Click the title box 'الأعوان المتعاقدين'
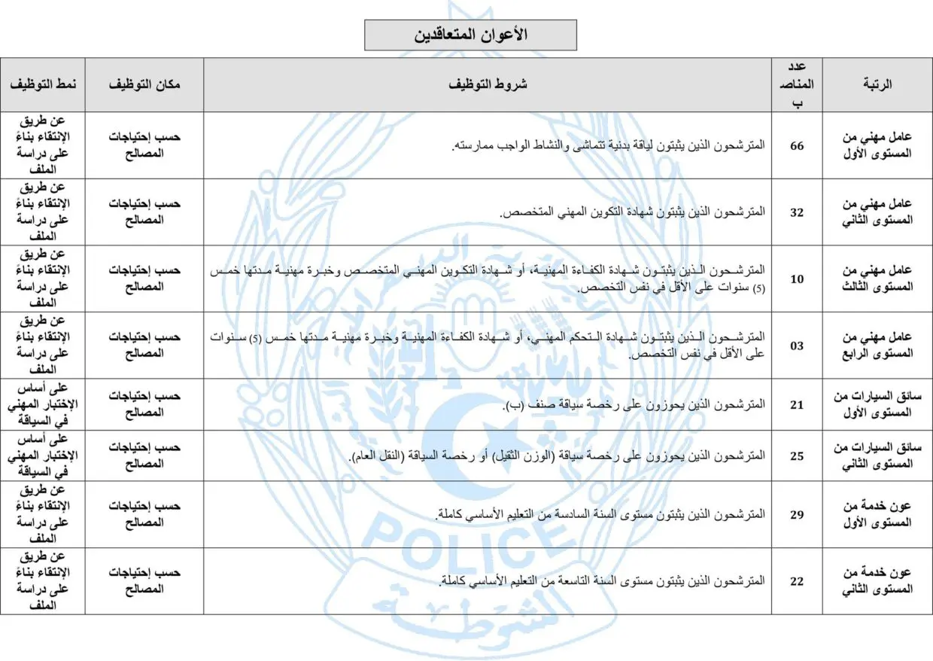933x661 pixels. (470, 35)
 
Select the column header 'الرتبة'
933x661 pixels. (877, 84)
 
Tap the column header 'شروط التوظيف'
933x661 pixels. (488, 84)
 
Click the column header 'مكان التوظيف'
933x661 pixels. (144, 84)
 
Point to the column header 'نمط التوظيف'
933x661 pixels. (43, 84)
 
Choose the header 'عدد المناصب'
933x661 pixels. (797, 84)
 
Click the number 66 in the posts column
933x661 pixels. (797, 145)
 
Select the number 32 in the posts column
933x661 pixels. (797, 212)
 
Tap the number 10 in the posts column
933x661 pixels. (797, 279)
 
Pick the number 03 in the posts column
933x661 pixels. (797, 346)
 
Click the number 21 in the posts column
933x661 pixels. (797, 404)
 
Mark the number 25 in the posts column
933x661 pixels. (797, 456)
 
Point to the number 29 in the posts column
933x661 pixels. (797, 515)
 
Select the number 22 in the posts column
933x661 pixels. (797, 581)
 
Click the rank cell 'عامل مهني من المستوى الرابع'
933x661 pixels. (877, 346)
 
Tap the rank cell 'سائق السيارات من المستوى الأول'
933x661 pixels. (877, 404)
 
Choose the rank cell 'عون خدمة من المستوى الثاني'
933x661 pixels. (877, 581)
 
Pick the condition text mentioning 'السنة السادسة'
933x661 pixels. (601, 515)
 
